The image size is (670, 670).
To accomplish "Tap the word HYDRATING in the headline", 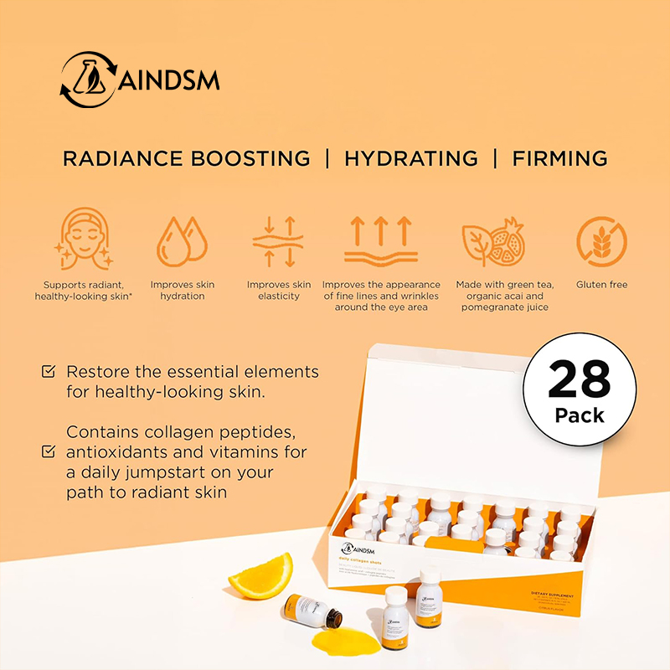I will (411, 158).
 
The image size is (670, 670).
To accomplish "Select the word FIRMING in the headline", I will (560, 158).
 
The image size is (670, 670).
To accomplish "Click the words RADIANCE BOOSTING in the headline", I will (186, 158).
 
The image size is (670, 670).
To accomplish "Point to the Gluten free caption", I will (602, 285).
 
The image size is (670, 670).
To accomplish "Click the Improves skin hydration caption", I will (182, 291).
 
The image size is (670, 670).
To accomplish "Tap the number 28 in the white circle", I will (580, 382).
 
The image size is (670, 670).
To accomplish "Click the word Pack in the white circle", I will (580, 415).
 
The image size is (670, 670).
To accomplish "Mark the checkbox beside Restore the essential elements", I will (49, 371).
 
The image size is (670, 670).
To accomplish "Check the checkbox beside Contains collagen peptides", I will (49, 452).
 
